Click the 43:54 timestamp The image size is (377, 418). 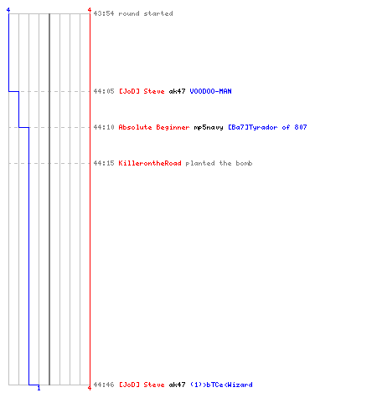(104, 13)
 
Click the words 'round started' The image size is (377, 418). (146, 13)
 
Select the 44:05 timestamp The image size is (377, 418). (104, 91)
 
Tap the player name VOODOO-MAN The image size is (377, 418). (210, 91)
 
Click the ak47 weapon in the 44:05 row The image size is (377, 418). (177, 91)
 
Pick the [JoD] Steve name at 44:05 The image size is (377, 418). (142, 91)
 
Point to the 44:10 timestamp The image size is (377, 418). (104, 127)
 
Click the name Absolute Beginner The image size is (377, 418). (154, 127)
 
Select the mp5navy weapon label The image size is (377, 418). (209, 127)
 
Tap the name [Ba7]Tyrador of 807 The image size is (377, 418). (267, 127)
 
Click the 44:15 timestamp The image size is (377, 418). (104, 163)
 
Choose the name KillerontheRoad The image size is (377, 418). (150, 163)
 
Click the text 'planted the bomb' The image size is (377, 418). (219, 163)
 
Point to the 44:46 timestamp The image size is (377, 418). (104, 385)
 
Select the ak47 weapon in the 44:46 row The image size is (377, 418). (177, 385)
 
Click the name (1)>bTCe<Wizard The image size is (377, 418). (221, 385)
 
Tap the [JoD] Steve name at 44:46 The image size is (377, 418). (142, 385)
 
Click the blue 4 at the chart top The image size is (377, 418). (8, 10)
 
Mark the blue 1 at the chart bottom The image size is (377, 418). (39, 388)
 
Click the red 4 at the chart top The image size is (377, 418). (90, 10)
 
